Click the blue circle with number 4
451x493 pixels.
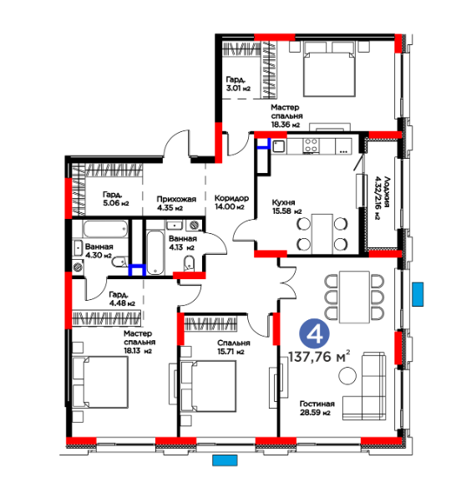(x=314, y=334)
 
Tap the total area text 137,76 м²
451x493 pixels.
(x=319, y=357)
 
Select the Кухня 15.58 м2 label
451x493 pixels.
(x=286, y=206)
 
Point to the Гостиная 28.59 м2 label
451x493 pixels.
(x=317, y=408)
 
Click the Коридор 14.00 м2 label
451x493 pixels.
(x=231, y=202)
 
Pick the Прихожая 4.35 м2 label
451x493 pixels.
(x=176, y=203)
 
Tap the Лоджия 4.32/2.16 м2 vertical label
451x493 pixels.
(x=382, y=197)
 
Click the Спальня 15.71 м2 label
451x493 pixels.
(x=234, y=347)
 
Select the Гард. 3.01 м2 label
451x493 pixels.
(x=238, y=84)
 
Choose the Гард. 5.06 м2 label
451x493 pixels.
(x=115, y=199)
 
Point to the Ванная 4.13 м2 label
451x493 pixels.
(x=183, y=243)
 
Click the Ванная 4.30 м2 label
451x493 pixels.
(x=99, y=251)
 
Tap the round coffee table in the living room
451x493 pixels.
(x=347, y=375)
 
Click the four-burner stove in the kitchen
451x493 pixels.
(x=311, y=146)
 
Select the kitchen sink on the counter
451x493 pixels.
(x=278, y=146)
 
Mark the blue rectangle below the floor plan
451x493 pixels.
(x=225, y=460)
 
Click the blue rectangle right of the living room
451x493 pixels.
(x=418, y=294)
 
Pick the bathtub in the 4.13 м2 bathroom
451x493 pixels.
(x=155, y=253)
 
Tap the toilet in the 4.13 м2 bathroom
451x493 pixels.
(x=189, y=263)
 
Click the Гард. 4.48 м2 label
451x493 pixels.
(x=122, y=299)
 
